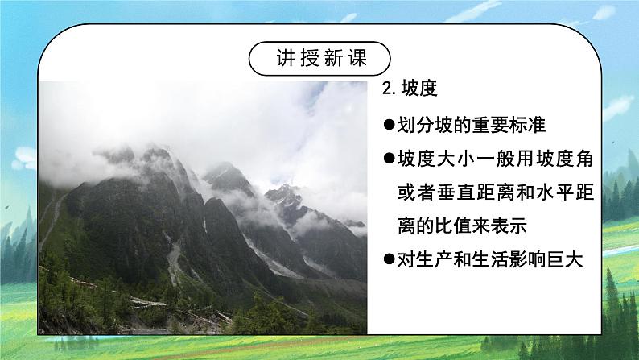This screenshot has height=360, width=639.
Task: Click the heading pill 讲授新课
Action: [319, 59]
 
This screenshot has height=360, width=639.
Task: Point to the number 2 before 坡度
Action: [385, 92]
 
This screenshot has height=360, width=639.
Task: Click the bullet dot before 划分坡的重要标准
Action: [388, 126]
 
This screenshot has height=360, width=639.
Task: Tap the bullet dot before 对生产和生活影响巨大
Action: [388, 259]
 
